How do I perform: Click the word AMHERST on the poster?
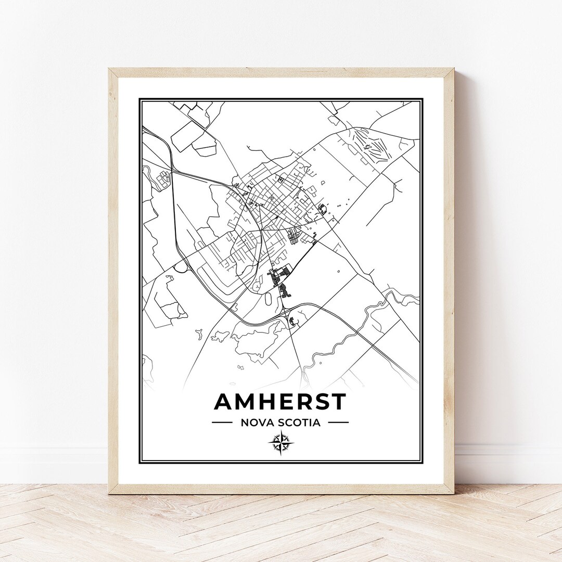pos(280,402)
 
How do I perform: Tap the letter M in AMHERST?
pos(245,402)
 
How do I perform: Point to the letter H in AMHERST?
pos(267,402)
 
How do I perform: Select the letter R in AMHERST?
pos(303,402)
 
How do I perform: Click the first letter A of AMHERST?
pos(223,402)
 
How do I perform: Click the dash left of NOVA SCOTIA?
pos(222,423)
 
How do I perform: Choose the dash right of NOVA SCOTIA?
pos(338,423)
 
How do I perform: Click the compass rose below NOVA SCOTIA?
pos(281,444)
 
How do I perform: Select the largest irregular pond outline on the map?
pos(258,338)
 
